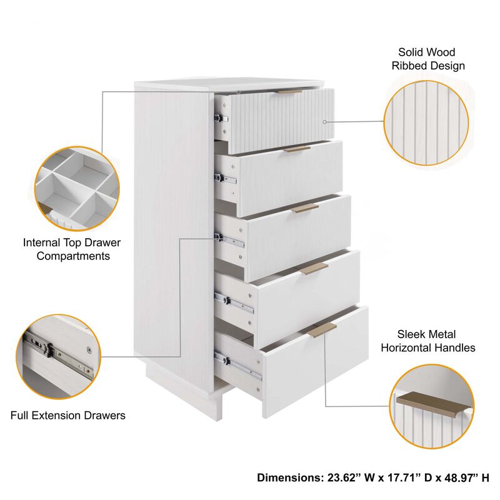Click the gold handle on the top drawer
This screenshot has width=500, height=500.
[x=289, y=91]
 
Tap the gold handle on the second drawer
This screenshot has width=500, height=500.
[x=298, y=149]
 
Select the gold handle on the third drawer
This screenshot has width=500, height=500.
[x=306, y=208]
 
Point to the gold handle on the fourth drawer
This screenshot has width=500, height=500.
[x=314, y=268]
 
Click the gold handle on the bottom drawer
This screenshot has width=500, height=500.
[x=323, y=329]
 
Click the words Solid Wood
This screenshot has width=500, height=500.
[x=427, y=52]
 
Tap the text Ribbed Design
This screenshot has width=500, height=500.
[x=428, y=66]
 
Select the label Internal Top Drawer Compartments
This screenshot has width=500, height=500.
[x=72, y=249]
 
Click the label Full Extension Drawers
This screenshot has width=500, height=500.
[x=68, y=415]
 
